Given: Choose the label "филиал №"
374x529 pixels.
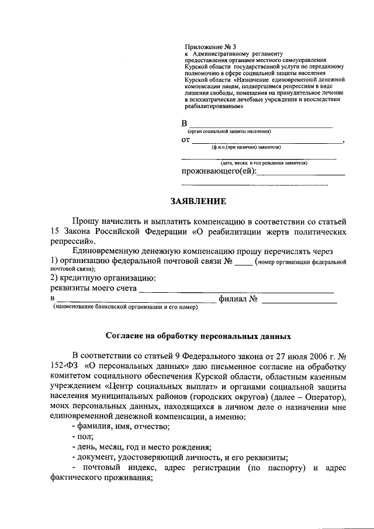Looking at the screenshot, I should [238, 299].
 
